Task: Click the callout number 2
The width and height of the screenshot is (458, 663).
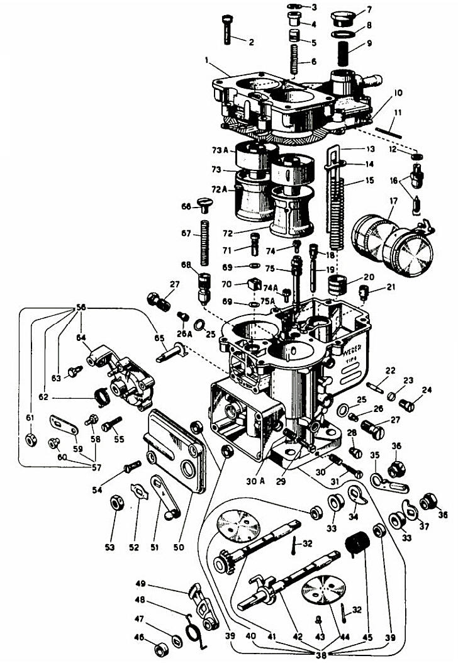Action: click(x=251, y=43)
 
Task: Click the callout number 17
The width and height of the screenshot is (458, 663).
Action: click(x=394, y=203)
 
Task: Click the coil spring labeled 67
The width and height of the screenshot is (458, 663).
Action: click(x=205, y=243)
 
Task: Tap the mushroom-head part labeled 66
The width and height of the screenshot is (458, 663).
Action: click(x=205, y=203)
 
